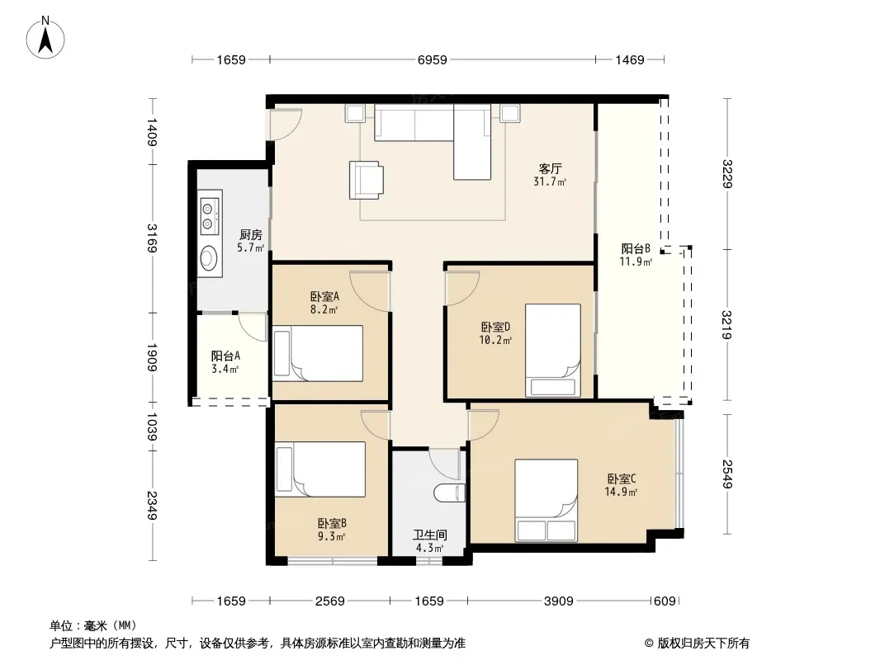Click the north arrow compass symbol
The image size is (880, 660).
click(x=45, y=38)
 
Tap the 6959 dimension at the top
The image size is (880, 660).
click(x=432, y=59)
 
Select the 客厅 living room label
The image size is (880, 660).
click(x=550, y=168)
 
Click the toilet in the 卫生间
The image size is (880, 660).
click(x=450, y=493)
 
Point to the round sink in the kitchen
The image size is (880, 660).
click(x=209, y=258)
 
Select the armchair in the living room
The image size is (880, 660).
click(x=366, y=180)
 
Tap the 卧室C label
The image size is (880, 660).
click(x=622, y=478)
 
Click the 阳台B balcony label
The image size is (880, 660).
click(x=636, y=248)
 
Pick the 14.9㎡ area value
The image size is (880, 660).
click(x=621, y=493)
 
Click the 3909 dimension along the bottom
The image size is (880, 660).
click(x=558, y=601)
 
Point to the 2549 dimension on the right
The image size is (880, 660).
click(x=727, y=474)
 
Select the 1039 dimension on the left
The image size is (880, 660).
click(x=152, y=427)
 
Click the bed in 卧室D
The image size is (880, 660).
click(x=553, y=351)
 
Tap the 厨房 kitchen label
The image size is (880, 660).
click(x=250, y=234)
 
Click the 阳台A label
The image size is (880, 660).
click(x=225, y=356)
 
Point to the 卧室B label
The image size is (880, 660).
click(x=332, y=523)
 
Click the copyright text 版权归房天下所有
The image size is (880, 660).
click(x=703, y=643)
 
